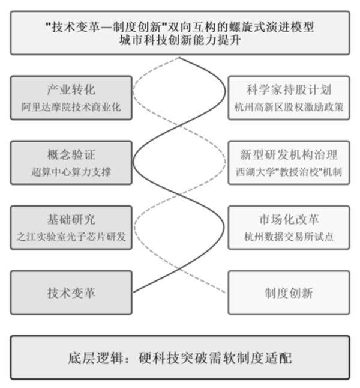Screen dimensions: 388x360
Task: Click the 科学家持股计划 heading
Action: [288, 91]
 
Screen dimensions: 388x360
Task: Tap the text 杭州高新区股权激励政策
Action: [288, 107]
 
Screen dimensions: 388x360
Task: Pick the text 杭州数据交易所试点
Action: [288, 237]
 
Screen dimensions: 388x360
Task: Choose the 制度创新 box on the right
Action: [288, 293]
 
